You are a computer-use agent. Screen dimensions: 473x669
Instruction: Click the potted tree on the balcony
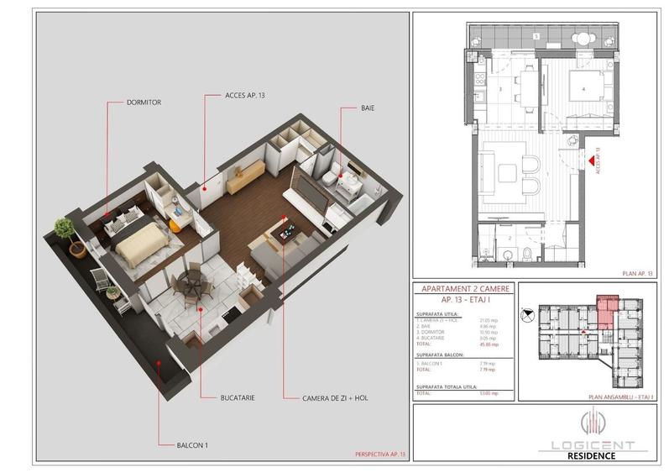coord(64,229)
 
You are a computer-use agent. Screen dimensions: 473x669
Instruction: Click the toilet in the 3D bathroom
coord(334,171)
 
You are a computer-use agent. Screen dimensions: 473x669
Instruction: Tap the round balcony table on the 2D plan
coord(580,37)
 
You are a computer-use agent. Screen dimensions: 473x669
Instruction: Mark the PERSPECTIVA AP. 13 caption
coord(379,455)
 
